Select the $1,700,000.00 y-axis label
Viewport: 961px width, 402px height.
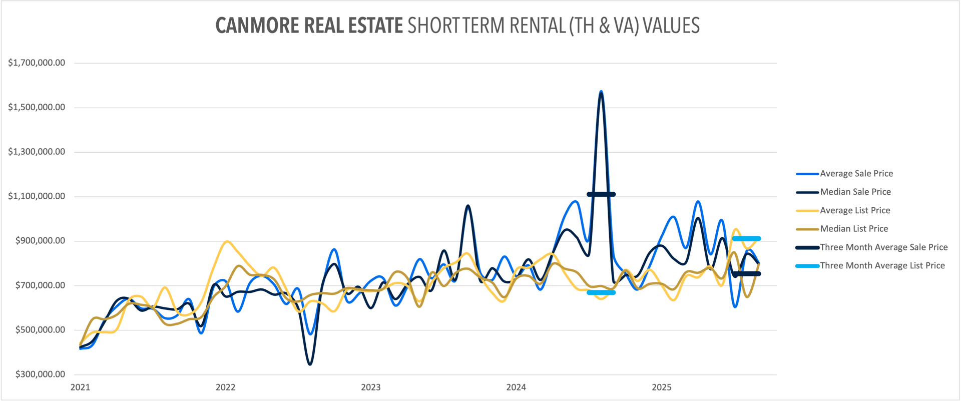coord(37,63)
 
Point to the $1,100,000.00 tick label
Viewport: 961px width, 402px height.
coord(37,196)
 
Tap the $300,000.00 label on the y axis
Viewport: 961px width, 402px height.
coord(40,374)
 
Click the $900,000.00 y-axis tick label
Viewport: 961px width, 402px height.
coord(40,241)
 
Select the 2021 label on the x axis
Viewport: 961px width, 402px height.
coord(80,387)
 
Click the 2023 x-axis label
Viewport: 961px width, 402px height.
coord(370,387)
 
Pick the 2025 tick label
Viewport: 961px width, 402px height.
coord(661,387)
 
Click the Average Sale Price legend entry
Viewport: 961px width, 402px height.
coord(856,174)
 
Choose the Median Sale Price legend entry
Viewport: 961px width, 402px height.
coord(855,192)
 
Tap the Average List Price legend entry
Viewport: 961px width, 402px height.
coord(854,210)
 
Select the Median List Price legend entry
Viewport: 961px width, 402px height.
coord(853,229)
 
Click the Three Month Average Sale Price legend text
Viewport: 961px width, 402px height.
coord(883,247)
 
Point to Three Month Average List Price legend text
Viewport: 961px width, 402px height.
coord(882,266)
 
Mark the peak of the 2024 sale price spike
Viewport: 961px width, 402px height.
coord(601,92)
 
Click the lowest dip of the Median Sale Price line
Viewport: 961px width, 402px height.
coord(310,364)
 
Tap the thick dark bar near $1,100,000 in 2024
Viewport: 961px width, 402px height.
coord(601,194)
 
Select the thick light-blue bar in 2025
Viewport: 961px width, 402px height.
coord(746,239)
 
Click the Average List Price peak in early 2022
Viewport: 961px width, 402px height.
coord(227,242)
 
